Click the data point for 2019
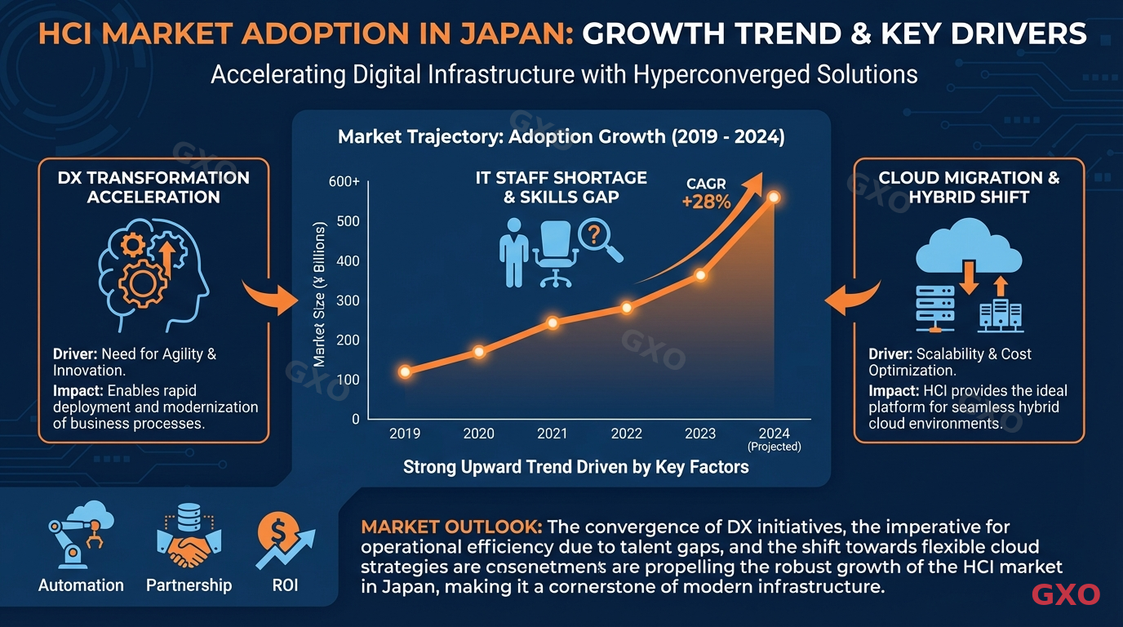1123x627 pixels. (405, 371)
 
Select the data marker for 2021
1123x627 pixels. (553, 322)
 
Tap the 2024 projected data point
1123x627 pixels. (774, 198)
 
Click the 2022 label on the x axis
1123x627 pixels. (626, 434)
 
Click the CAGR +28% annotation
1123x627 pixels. (706, 194)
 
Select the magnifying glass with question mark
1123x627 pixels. (600, 241)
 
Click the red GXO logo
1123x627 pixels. (1066, 594)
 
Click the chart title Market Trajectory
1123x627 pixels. (561, 136)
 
